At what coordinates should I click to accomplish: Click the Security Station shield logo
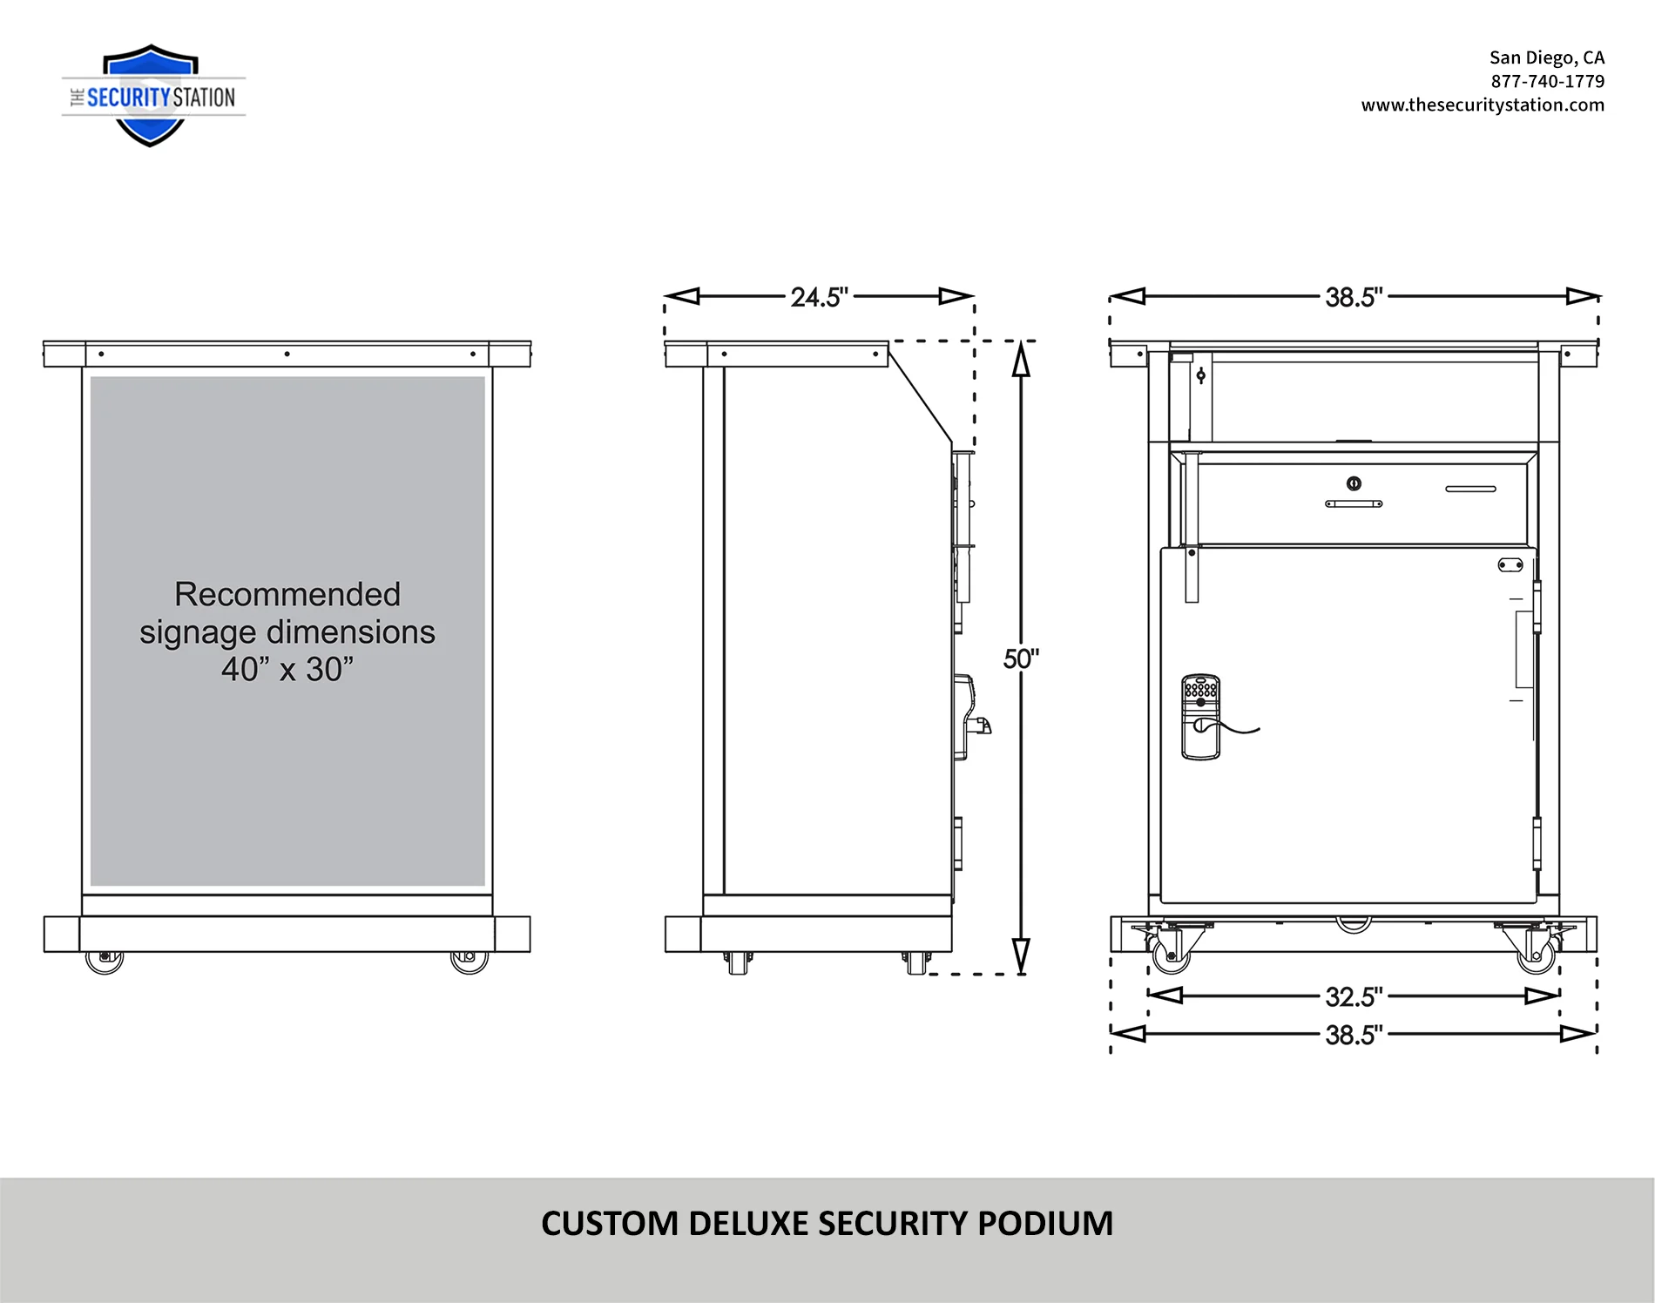pyautogui.click(x=152, y=96)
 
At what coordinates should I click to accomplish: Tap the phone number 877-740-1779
pyautogui.click(x=1547, y=81)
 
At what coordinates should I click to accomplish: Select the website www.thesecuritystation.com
pyautogui.click(x=1483, y=105)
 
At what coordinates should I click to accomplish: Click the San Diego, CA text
pyautogui.click(x=1546, y=57)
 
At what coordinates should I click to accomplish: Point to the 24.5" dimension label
pyautogui.click(x=819, y=297)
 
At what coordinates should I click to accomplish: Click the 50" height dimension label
pyautogui.click(x=1021, y=658)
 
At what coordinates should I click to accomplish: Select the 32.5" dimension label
pyautogui.click(x=1354, y=996)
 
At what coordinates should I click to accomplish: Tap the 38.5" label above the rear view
pyautogui.click(x=1354, y=297)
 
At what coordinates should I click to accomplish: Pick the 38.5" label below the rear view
pyautogui.click(x=1354, y=1035)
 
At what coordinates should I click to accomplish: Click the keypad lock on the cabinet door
pyautogui.click(x=1200, y=717)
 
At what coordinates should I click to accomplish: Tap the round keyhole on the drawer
pyautogui.click(x=1354, y=483)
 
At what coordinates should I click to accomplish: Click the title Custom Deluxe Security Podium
pyautogui.click(x=827, y=1223)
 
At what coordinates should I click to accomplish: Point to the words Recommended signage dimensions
pyautogui.click(x=287, y=612)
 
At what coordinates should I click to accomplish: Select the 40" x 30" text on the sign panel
pyautogui.click(x=287, y=669)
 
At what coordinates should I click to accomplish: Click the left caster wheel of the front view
pyautogui.click(x=105, y=961)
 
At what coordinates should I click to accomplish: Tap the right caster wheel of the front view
pyautogui.click(x=469, y=961)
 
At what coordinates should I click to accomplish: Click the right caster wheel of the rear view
pyautogui.click(x=1536, y=955)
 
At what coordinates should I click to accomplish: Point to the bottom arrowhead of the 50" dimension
pyautogui.click(x=1021, y=955)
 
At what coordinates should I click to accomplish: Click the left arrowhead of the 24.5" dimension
pyautogui.click(x=682, y=296)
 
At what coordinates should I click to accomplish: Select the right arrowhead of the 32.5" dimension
pyautogui.click(x=1542, y=996)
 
